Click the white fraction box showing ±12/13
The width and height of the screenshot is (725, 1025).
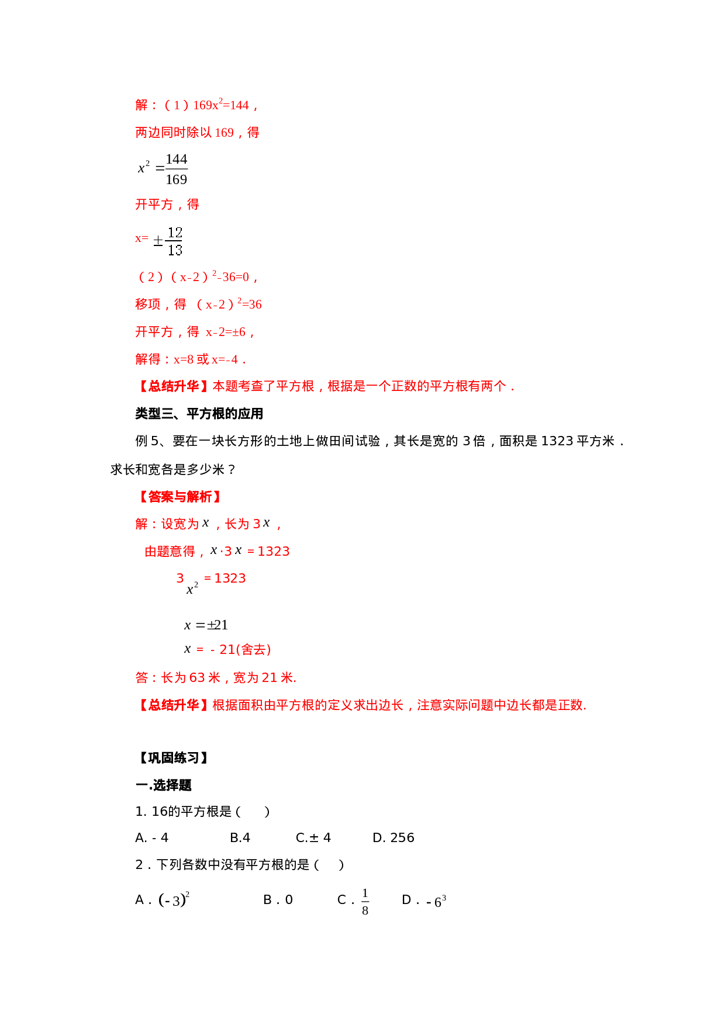coord(165,241)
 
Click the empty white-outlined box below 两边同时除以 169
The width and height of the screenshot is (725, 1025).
coord(163,168)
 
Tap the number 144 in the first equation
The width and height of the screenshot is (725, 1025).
coord(240,106)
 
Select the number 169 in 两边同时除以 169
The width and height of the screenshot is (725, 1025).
coord(225,133)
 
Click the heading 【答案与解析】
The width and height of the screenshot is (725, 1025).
coord(179,497)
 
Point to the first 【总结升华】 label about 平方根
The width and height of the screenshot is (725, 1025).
coord(174,386)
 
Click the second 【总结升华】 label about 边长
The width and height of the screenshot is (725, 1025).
coord(174,705)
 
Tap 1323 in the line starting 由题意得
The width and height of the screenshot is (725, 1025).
coord(274,552)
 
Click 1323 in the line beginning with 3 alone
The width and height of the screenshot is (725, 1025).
coord(230,579)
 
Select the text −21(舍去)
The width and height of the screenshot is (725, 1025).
coord(240,650)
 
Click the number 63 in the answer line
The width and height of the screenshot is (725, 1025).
coord(197,678)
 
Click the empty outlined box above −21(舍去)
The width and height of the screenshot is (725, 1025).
coord(205,625)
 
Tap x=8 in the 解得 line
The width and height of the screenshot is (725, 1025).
coord(184,359)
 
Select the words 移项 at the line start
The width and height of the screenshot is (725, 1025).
coord(147,304)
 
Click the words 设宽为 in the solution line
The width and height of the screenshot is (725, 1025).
coord(179,524)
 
